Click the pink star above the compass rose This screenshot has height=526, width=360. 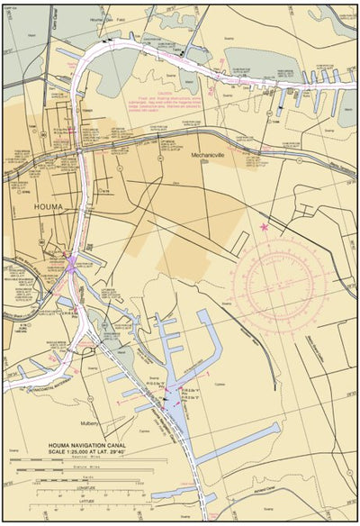264,226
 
